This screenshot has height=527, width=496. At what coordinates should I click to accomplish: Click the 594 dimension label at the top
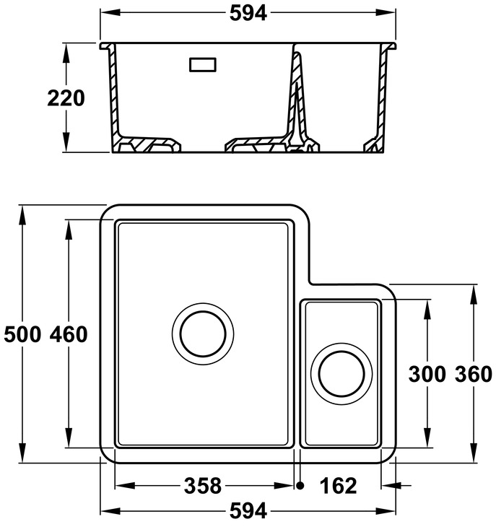(248, 14)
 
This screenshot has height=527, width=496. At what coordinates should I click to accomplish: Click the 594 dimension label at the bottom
(248, 511)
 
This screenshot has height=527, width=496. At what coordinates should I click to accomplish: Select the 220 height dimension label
(66, 98)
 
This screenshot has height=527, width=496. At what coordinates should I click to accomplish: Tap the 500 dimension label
(22, 335)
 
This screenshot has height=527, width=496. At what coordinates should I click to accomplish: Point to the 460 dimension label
(69, 335)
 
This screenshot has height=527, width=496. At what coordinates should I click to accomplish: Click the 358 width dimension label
(203, 486)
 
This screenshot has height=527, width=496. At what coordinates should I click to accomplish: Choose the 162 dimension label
(338, 486)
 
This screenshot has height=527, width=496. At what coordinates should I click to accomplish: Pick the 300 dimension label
(427, 374)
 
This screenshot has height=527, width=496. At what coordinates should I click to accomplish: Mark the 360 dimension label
(474, 374)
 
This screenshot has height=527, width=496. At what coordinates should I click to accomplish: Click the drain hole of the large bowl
(203, 334)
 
